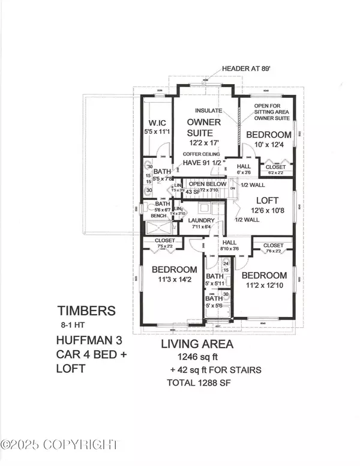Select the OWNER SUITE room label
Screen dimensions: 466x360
point(206,127)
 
